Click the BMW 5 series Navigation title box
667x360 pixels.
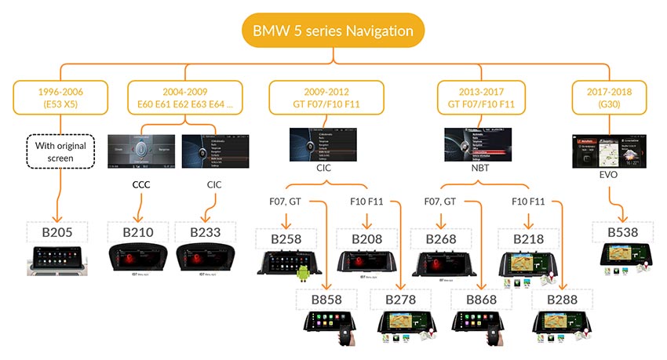[x=333, y=31]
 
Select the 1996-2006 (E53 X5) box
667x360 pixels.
[x=60, y=97]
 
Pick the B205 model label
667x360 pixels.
[x=60, y=233]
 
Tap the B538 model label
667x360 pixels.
[x=625, y=233]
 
